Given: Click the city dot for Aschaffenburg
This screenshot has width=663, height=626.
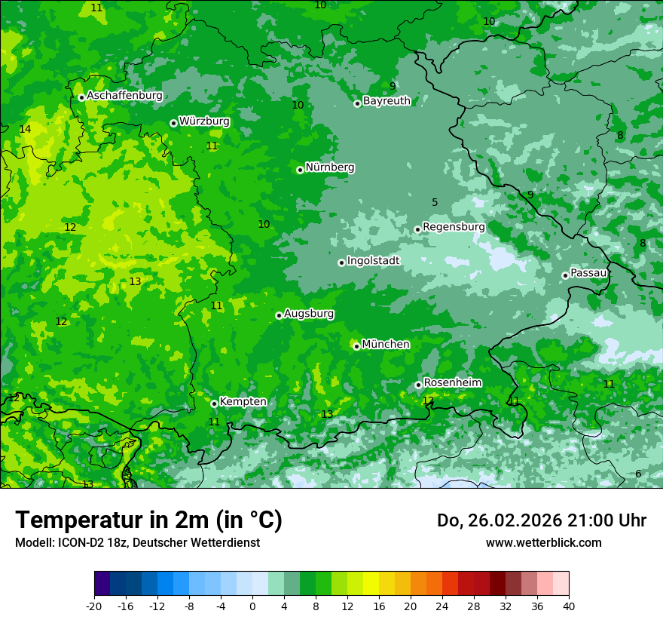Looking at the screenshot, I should click(x=81, y=97).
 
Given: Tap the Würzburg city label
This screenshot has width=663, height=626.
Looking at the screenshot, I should click(x=204, y=121).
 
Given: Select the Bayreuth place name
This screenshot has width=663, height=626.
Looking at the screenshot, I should click(x=386, y=101).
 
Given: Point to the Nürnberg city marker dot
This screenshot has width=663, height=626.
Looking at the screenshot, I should click(x=300, y=170).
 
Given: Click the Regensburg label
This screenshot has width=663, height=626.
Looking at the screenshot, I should click(x=454, y=227).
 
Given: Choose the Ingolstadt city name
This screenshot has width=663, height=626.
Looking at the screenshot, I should click(x=373, y=261).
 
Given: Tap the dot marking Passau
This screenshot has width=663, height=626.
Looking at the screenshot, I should click(x=565, y=275).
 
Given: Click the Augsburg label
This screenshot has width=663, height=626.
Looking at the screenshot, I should click(x=309, y=314).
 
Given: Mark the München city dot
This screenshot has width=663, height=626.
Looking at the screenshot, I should click(x=356, y=346).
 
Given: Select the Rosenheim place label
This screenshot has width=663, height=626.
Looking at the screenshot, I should click(x=452, y=383).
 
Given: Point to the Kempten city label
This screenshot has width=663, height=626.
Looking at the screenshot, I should click(x=243, y=402).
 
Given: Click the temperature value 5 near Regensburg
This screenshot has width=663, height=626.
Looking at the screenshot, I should click(x=435, y=202).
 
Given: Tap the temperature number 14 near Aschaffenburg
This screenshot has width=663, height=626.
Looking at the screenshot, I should click(x=25, y=130).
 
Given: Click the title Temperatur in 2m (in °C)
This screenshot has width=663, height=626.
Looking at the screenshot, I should click(x=148, y=520).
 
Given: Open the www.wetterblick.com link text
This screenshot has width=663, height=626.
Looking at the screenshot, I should click(x=543, y=542).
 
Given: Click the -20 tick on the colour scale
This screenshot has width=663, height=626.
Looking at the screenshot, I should click(x=94, y=606).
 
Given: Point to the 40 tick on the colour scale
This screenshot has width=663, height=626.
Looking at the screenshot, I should click(x=569, y=606).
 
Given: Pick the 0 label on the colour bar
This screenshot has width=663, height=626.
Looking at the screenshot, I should click(x=252, y=606).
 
